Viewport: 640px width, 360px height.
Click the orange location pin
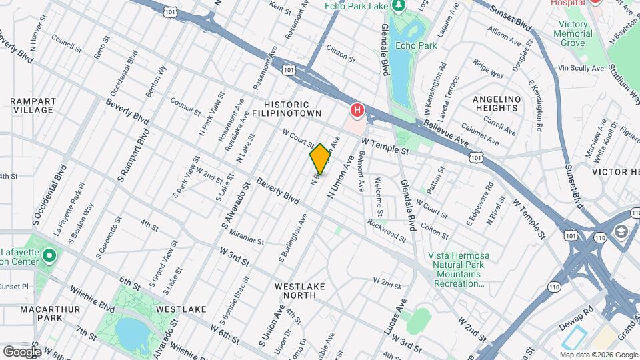[320, 159]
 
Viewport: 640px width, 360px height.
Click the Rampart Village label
[32, 105]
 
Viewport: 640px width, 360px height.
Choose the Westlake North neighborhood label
[300, 291]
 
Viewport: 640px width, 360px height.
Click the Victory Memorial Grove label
[572, 33]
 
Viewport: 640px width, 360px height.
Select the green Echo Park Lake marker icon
[399, 6]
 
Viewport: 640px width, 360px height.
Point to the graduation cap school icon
[621, 231]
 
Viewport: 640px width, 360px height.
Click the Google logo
[22, 351]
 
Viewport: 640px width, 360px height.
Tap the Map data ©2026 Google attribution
[598, 355]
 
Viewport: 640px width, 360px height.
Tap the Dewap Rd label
[579, 311]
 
